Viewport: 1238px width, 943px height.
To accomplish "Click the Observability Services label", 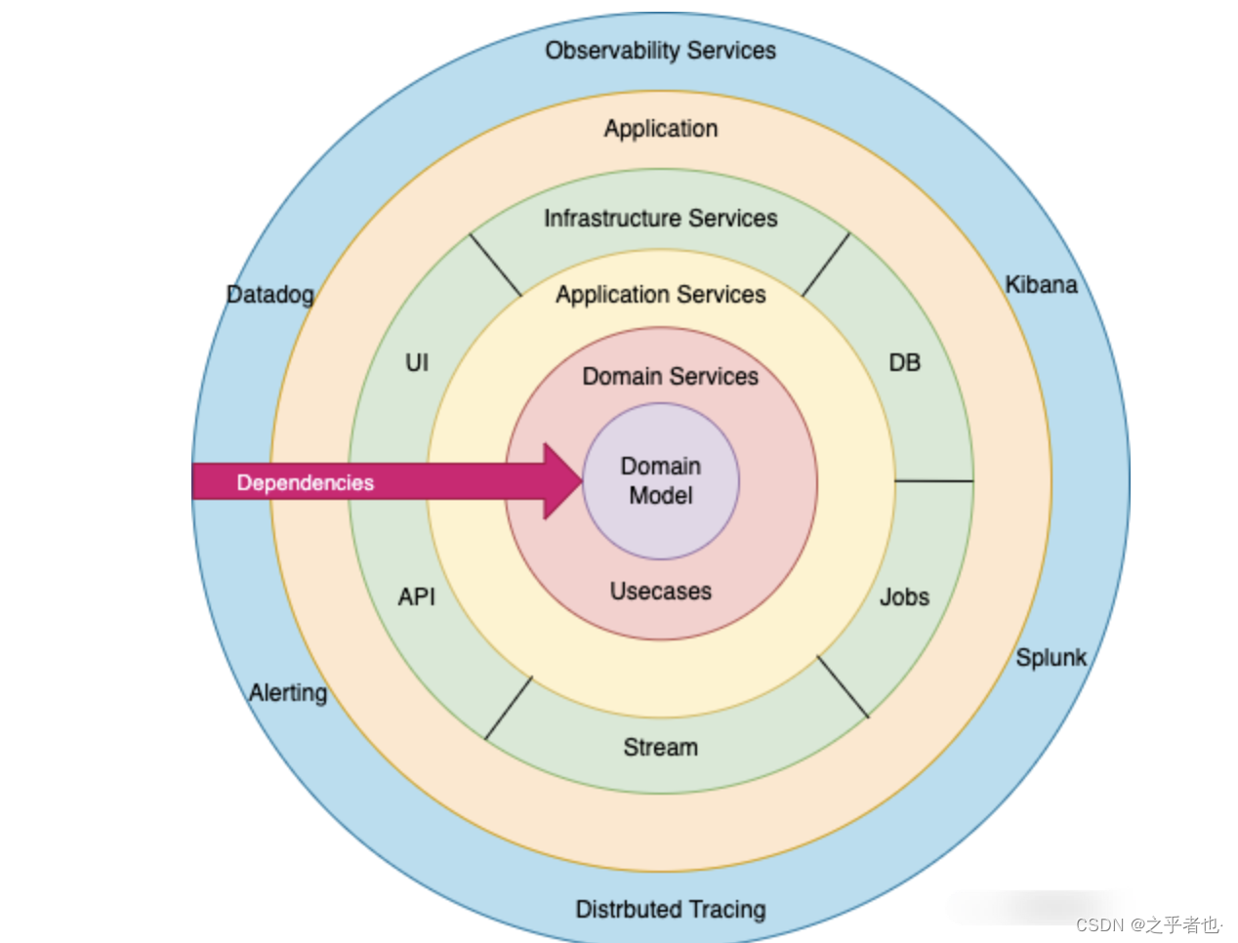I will point(660,51).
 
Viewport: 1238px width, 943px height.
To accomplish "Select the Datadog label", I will point(270,294).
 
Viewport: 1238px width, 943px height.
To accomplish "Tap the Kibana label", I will point(1041,285).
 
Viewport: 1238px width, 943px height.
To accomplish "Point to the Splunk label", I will point(1051,657).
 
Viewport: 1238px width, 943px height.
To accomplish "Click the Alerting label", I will point(288,692).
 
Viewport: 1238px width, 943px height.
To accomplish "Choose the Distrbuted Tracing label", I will point(670,909).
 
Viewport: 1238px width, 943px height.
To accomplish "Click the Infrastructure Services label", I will point(660,218).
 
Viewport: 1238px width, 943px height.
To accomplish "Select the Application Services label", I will point(660,294).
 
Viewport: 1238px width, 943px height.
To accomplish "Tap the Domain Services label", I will point(670,376).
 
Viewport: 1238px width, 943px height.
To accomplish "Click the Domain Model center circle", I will point(661,481).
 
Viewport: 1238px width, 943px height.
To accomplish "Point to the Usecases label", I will point(660,591).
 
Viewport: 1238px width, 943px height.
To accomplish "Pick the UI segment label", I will point(417,362).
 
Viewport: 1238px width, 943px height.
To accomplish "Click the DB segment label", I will point(904,362).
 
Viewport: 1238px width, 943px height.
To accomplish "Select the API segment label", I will point(417,596).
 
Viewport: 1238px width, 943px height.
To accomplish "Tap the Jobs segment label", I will point(904,596).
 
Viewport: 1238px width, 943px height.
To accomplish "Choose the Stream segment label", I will point(660,747).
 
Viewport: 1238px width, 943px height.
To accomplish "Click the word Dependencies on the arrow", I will point(305,482).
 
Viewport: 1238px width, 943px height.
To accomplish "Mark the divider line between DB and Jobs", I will point(933,480).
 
